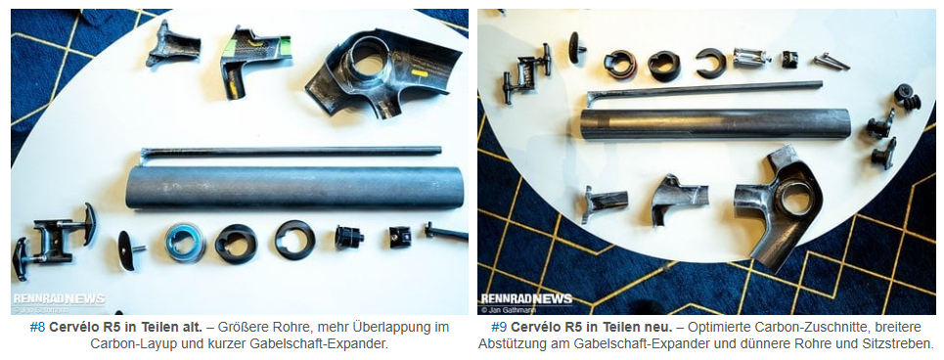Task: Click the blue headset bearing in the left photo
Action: click(185, 242)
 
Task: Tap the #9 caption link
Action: click(500, 328)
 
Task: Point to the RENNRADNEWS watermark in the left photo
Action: click(59, 299)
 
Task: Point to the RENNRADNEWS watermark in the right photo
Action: click(525, 299)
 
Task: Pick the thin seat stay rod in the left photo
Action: click(291, 153)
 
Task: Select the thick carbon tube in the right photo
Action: click(715, 124)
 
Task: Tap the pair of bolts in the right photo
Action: click(831, 61)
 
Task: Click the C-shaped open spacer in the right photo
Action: click(711, 64)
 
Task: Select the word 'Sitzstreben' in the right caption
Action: click(901, 344)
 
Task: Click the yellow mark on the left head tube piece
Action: click(419, 74)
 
